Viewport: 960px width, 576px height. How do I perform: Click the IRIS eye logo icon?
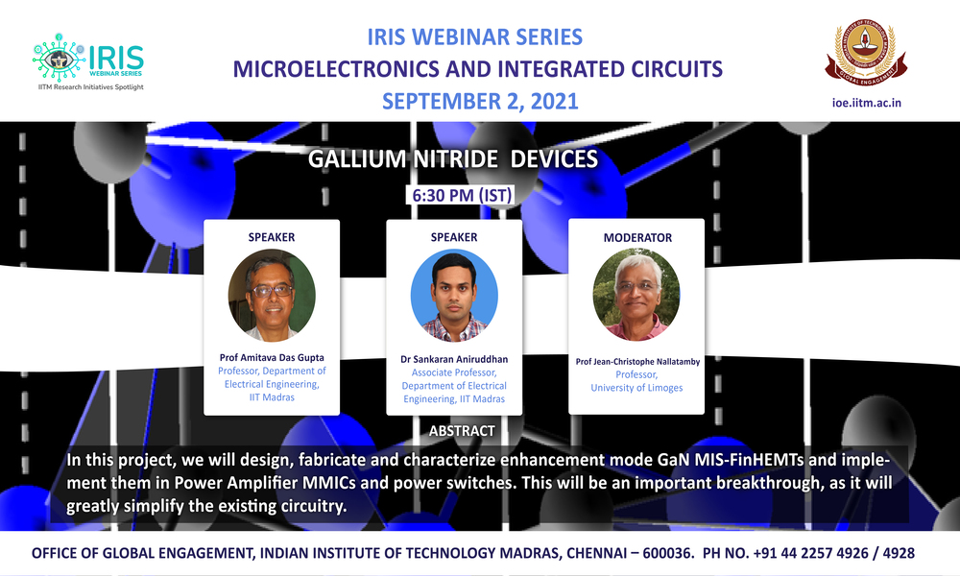pyautogui.click(x=59, y=58)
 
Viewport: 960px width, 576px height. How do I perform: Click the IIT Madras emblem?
pyautogui.click(x=866, y=52)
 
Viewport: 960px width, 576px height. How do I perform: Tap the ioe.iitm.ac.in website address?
pyautogui.click(x=866, y=103)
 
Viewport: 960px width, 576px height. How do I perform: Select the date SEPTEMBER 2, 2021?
pyautogui.click(x=480, y=101)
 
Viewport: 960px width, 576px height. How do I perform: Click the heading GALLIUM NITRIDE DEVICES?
pyautogui.click(x=453, y=159)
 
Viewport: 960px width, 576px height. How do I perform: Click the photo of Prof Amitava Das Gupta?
pyautogui.click(x=272, y=295)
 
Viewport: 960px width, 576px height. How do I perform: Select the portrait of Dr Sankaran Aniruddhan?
pyautogui.click(x=454, y=296)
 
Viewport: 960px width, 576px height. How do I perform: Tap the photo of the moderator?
pyautogui.click(x=636, y=295)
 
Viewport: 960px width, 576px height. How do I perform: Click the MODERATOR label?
pyautogui.click(x=637, y=237)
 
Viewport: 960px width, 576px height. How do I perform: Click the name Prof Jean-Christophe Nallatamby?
pyautogui.click(x=637, y=362)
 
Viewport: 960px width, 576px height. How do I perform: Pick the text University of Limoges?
pyautogui.click(x=636, y=388)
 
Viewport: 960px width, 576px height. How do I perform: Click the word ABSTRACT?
pyautogui.click(x=462, y=431)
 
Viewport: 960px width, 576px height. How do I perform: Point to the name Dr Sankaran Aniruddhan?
pyautogui.click(x=454, y=359)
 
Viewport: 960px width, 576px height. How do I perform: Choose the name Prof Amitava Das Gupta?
pyautogui.click(x=272, y=357)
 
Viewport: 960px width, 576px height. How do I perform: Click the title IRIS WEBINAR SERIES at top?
pyautogui.click(x=474, y=36)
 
